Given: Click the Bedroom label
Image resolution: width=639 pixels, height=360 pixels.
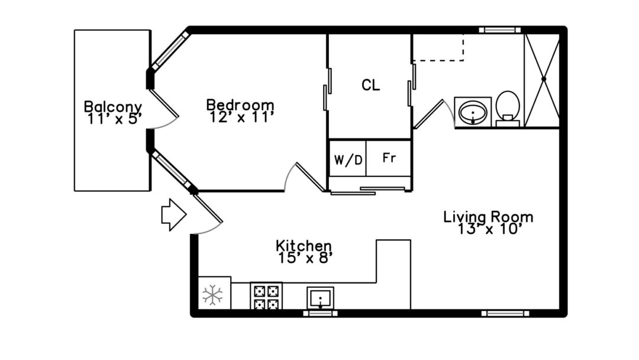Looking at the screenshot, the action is point(240,105).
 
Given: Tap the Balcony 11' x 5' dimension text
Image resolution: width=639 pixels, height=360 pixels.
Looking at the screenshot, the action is point(115,119).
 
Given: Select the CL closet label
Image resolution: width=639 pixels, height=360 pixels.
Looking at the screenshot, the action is point(371,85).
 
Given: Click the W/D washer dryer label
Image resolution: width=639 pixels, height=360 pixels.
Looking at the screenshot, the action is point(348,160).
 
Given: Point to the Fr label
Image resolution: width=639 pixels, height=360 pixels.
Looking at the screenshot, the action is point(389,157).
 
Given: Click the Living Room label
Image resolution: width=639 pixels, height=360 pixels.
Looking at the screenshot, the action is point(488,217).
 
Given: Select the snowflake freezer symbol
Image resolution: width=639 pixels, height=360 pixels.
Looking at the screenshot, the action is point(213,295).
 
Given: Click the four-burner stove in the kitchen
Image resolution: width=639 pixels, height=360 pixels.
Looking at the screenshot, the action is point(266,296).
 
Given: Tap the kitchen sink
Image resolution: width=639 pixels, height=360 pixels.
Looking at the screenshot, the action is point(320,298).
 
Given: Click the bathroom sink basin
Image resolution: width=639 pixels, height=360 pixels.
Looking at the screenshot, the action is point(473,112).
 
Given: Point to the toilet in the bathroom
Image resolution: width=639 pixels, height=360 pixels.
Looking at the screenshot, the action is point(508,108).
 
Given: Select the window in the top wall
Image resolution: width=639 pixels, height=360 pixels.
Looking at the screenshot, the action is point(499,30).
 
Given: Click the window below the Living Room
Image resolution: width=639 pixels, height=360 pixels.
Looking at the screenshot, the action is point(505,314).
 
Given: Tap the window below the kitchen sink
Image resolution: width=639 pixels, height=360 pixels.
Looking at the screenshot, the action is point(320,314).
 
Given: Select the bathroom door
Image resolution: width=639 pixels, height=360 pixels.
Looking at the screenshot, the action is point(428,114).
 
